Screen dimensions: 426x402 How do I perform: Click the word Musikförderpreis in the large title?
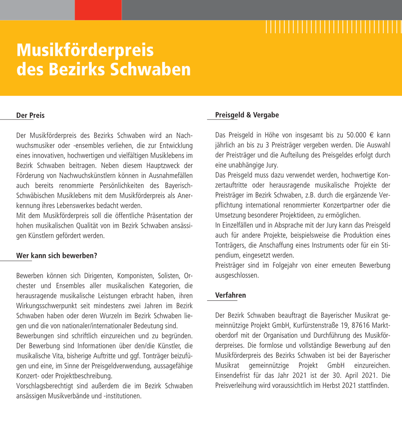pyautogui.click(x=85, y=50)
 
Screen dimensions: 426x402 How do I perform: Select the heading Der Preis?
pyautogui.click(x=30, y=116)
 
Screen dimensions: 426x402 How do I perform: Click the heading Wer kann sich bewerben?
pyautogui.click(x=56, y=256)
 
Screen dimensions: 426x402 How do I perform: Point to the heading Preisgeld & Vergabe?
pyautogui.click(x=247, y=115)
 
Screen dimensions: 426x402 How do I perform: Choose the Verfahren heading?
pyautogui.click(x=231, y=296)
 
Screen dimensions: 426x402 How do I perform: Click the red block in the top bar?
pyautogui.click(x=98, y=10)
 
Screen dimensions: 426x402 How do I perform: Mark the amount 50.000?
pyautogui.click(x=357, y=135)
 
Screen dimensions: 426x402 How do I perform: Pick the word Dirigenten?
pyautogui.click(x=99, y=276)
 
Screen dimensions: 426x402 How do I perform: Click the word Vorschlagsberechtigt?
pyautogui.click(x=44, y=386)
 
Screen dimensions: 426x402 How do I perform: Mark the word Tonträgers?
pyautogui.click(x=229, y=245)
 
